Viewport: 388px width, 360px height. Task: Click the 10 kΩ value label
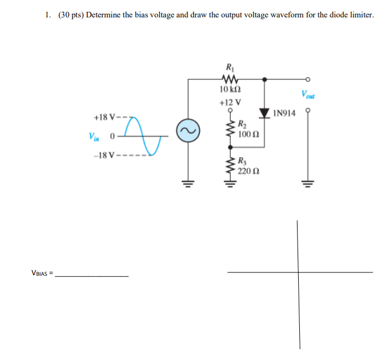pyautogui.click(x=231, y=90)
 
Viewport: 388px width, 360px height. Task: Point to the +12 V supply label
pyautogui.click(x=231, y=102)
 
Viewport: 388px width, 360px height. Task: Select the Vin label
pyautogui.click(x=93, y=136)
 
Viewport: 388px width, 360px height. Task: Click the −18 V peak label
pyautogui.click(x=105, y=156)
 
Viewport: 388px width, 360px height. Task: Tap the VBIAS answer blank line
pyautogui.click(x=93, y=275)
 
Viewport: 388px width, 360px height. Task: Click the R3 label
pyautogui.click(x=241, y=161)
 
